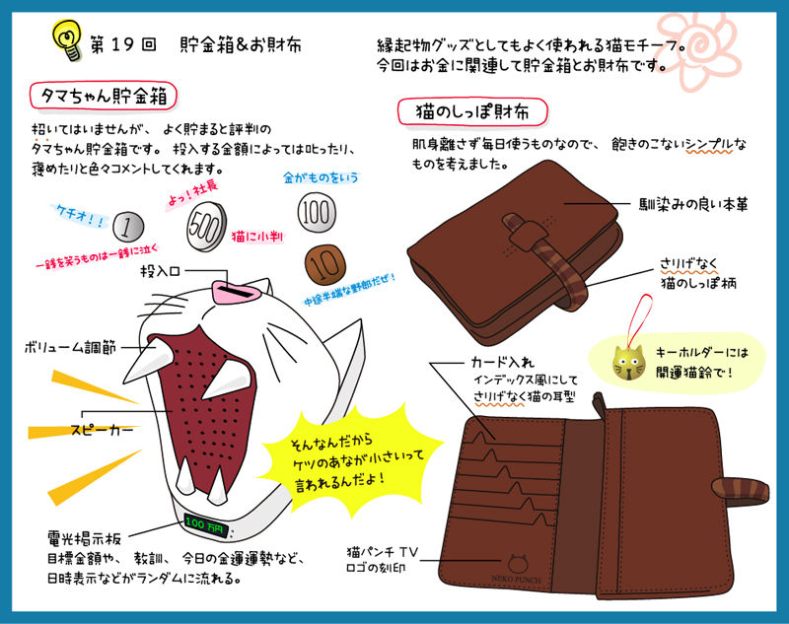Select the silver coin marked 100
tap(315, 212)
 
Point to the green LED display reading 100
tap(205, 521)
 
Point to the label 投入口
tap(159, 269)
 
